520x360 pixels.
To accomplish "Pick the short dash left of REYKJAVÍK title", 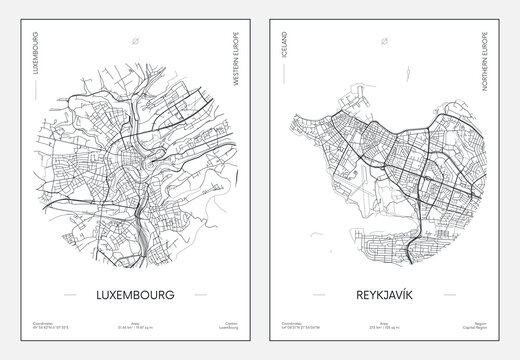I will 316,296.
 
